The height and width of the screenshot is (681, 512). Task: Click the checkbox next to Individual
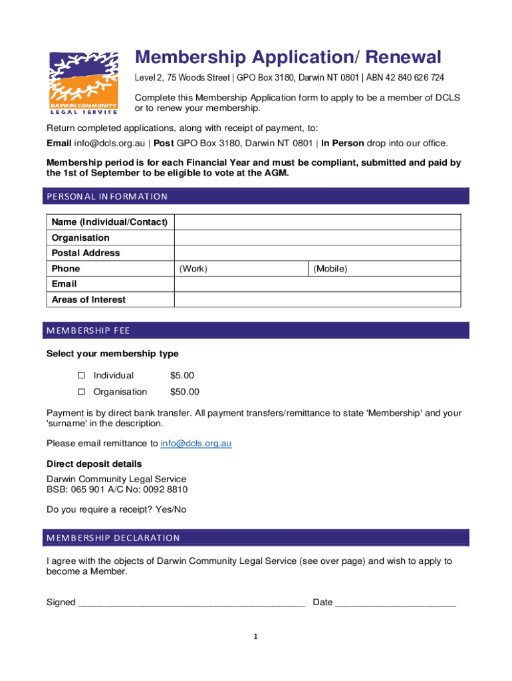(81, 376)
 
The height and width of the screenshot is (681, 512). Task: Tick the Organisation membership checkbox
(81, 392)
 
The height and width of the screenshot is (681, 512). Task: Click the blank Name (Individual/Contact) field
(317, 222)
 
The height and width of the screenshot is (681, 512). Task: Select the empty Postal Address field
(317, 253)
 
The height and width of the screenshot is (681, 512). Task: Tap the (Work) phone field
(241, 269)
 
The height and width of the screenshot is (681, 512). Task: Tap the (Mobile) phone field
(384, 269)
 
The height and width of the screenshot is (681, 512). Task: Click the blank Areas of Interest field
(317, 299)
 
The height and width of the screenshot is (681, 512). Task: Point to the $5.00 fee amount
(182, 376)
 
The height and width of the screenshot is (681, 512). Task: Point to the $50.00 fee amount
(185, 392)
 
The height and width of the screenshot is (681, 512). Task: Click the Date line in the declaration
(396, 603)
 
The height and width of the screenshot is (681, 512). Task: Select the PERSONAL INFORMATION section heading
(106, 196)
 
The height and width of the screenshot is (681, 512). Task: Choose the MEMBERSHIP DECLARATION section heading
(112, 538)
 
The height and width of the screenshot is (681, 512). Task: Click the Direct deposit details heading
(94, 464)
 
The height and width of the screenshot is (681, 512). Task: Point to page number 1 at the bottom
(255, 637)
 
